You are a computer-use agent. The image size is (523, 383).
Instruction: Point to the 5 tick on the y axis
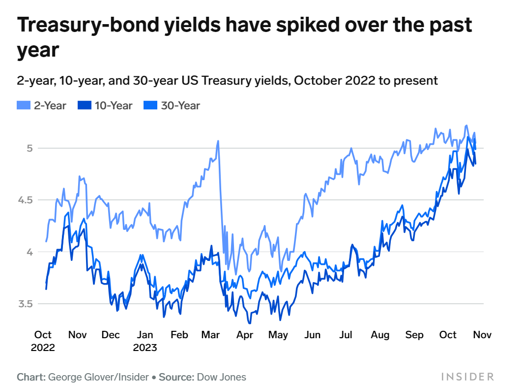tap(29, 148)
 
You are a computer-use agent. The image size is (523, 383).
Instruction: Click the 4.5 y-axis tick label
tap(25, 200)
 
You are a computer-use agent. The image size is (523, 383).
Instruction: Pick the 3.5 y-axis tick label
tap(25, 304)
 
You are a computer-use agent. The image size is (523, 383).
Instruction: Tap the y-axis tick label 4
tap(29, 252)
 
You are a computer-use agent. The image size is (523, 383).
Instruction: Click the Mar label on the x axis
tap(210, 335)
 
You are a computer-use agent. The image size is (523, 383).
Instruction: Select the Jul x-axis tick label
tap(346, 335)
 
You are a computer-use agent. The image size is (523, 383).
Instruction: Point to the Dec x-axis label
tap(111, 335)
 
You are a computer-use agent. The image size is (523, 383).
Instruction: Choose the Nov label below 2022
tap(77, 335)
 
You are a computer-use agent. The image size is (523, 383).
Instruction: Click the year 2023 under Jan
tap(145, 348)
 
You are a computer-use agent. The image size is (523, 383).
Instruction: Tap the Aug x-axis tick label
tap(379, 335)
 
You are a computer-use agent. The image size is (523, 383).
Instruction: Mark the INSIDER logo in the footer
tap(467, 377)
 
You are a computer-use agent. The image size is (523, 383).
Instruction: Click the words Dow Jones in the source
tap(221, 378)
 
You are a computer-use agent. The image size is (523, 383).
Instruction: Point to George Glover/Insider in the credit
tap(98, 378)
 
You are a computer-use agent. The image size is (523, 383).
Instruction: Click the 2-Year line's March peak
tap(218, 141)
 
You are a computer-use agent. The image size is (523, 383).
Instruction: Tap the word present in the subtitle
tap(414, 80)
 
